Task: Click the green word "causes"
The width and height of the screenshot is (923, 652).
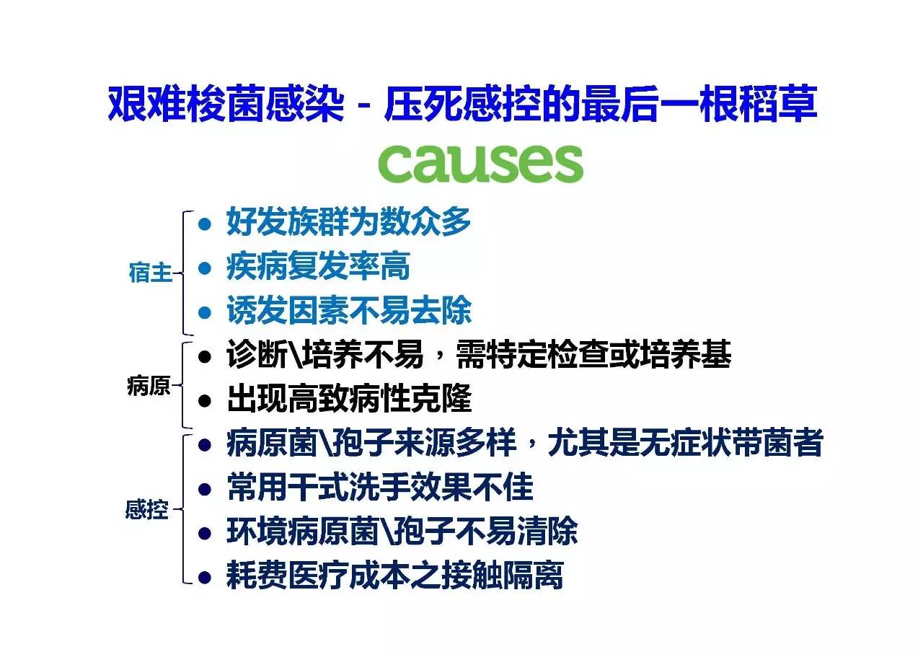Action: coord(480,163)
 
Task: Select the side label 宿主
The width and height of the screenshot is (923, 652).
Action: coord(150,273)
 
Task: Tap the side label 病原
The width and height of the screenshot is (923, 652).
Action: coord(149,386)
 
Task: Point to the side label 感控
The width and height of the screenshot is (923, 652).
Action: coord(146,509)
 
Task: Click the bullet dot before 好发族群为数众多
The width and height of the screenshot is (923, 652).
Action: coord(204,224)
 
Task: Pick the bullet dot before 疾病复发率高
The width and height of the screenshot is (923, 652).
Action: coord(204,268)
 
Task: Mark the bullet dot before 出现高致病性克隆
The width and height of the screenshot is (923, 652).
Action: coord(204,400)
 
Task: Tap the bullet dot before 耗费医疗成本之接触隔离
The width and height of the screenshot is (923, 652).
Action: coord(204,577)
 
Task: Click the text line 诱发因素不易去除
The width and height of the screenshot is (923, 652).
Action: coord(349,311)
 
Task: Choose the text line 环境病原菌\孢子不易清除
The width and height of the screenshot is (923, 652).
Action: coord(402,532)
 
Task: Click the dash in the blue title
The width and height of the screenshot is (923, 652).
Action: coord(364,106)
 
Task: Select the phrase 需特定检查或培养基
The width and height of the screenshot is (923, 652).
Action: coord(593,355)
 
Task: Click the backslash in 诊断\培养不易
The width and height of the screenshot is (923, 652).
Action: coord(295,355)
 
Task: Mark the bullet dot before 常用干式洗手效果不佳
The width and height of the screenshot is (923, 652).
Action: coord(204,489)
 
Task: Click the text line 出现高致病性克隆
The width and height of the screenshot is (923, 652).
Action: coord(349,399)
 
